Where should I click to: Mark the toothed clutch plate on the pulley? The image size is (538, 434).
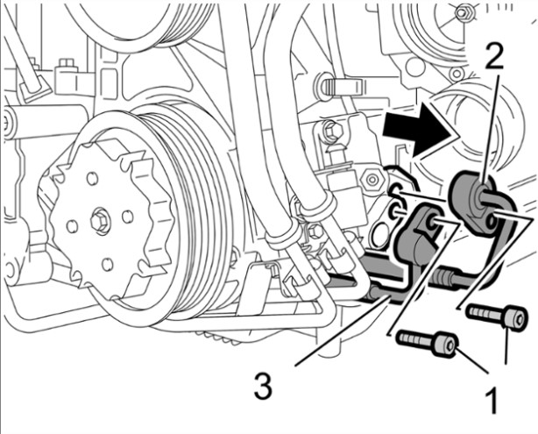[96, 219]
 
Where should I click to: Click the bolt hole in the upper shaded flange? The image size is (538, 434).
[480, 197]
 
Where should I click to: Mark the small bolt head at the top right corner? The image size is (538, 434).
[464, 11]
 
